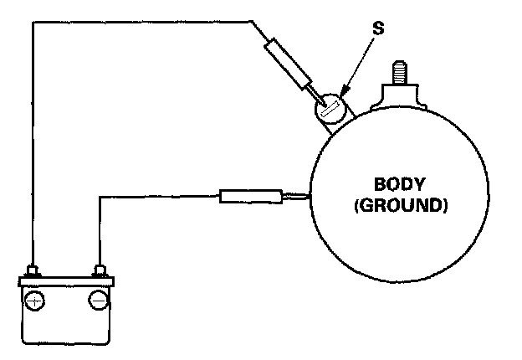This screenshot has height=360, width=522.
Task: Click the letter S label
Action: [378, 28]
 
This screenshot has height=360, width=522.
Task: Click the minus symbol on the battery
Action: [99, 301]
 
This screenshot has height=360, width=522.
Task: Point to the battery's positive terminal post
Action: [33, 271]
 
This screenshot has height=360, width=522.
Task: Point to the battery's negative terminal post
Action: [100, 271]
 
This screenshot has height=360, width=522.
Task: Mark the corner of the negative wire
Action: [100, 197]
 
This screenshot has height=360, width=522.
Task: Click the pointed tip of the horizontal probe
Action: [308, 198]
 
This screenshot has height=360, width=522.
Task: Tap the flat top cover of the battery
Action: [66, 280]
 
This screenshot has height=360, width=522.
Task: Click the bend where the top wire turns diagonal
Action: [252, 22]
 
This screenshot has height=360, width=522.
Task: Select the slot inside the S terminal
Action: [327, 108]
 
